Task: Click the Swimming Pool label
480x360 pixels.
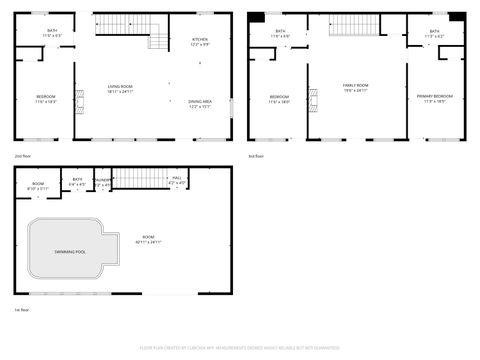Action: coord(70,251)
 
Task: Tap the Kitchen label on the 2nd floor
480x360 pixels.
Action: coord(200,40)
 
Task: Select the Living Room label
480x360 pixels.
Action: coord(121,87)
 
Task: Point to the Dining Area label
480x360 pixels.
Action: coord(200,101)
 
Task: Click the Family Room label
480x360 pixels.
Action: coord(356,87)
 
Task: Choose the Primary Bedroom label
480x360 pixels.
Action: coord(435,96)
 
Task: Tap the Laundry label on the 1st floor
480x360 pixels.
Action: coord(102,181)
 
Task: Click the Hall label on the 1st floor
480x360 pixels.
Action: coord(177,178)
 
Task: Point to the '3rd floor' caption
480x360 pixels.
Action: coord(256,156)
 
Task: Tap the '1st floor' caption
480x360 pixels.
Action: coord(20,310)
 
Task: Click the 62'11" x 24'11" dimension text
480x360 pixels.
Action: coord(149,242)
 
